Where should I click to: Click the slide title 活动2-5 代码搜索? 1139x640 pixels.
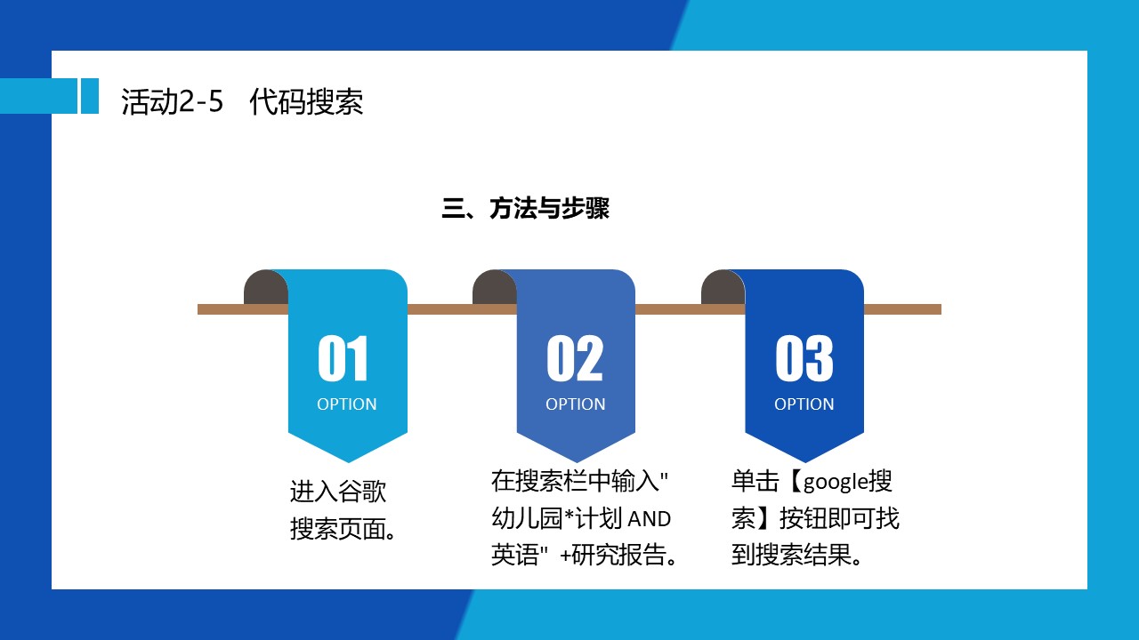pos(242,101)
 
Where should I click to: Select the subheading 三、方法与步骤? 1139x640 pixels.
pos(525,208)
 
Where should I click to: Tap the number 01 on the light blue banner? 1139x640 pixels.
pos(343,358)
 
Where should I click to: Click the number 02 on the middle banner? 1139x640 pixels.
pos(575,358)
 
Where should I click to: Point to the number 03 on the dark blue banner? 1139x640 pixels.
pos(804,358)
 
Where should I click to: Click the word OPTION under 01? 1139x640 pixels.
pos(347,404)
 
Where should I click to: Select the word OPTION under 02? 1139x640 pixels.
pos(576,404)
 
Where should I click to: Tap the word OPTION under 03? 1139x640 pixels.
pos(804,404)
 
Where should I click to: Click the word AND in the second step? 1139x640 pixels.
pos(650,519)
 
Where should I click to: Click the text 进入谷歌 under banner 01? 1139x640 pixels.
pos(338,492)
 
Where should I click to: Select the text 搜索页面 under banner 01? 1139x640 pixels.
pos(337,529)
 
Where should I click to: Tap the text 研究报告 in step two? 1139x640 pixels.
pos(618,554)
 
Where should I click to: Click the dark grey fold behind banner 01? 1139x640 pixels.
pos(265,287)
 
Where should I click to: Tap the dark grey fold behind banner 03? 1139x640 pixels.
pos(723,287)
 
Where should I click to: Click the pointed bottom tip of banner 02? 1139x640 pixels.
pos(576,462)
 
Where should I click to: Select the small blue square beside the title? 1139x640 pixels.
pos(90,95)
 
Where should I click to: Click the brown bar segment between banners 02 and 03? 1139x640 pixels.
pos(691,309)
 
